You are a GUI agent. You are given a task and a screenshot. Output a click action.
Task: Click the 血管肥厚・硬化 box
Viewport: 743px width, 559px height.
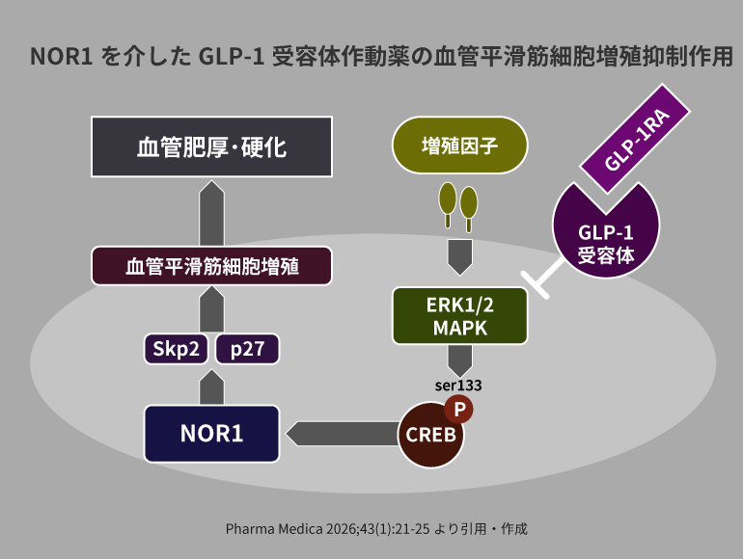tap(211, 147)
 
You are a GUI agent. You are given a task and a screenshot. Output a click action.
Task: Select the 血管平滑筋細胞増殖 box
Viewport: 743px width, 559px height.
tap(211, 266)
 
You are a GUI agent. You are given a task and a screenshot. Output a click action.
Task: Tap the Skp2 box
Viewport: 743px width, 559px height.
tap(177, 348)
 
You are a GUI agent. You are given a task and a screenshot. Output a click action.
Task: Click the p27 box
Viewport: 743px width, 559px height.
tap(247, 348)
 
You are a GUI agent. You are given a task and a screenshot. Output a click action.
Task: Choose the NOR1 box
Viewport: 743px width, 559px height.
tap(211, 433)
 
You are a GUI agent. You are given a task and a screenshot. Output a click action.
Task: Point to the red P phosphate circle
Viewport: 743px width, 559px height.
tap(460, 410)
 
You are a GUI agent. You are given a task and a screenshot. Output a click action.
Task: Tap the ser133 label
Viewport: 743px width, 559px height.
tap(458, 385)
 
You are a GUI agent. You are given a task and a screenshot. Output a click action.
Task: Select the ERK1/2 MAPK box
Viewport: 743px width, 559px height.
tap(459, 315)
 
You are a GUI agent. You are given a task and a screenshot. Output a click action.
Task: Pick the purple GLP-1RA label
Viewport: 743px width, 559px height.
tap(638, 144)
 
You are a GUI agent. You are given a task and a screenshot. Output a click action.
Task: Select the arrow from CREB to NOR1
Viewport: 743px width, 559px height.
tap(338, 434)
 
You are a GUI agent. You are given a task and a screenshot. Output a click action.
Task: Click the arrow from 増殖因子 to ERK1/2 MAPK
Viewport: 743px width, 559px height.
tap(459, 256)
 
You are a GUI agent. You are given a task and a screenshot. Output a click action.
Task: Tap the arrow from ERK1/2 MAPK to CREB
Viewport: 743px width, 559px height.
tap(459, 360)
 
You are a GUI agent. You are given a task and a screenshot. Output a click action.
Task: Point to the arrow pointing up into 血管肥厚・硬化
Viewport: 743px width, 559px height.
tap(211, 214)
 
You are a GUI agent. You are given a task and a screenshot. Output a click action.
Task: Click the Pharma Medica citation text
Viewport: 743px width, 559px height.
tap(376, 529)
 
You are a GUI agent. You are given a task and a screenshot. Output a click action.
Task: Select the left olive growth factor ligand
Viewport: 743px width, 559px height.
tap(448, 200)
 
